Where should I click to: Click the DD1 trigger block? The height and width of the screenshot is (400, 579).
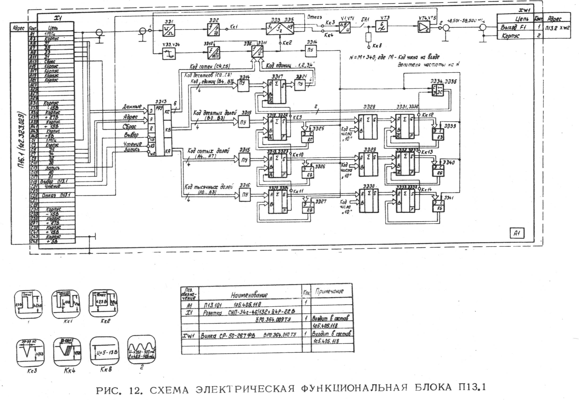(168, 30)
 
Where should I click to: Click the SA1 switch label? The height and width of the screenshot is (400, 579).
(365, 19)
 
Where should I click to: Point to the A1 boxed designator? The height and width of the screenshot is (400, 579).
(517, 233)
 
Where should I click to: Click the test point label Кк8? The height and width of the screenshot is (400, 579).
(377, 46)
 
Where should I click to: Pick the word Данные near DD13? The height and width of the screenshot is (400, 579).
(132, 106)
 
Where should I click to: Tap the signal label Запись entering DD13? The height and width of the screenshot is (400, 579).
(132, 150)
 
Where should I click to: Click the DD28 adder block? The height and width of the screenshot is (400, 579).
(368, 127)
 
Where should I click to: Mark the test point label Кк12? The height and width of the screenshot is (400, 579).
(427, 115)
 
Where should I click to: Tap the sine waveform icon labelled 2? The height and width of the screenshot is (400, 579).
(142, 350)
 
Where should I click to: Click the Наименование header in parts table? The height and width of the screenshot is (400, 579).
(249, 295)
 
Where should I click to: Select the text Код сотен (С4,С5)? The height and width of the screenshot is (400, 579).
(209, 67)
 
